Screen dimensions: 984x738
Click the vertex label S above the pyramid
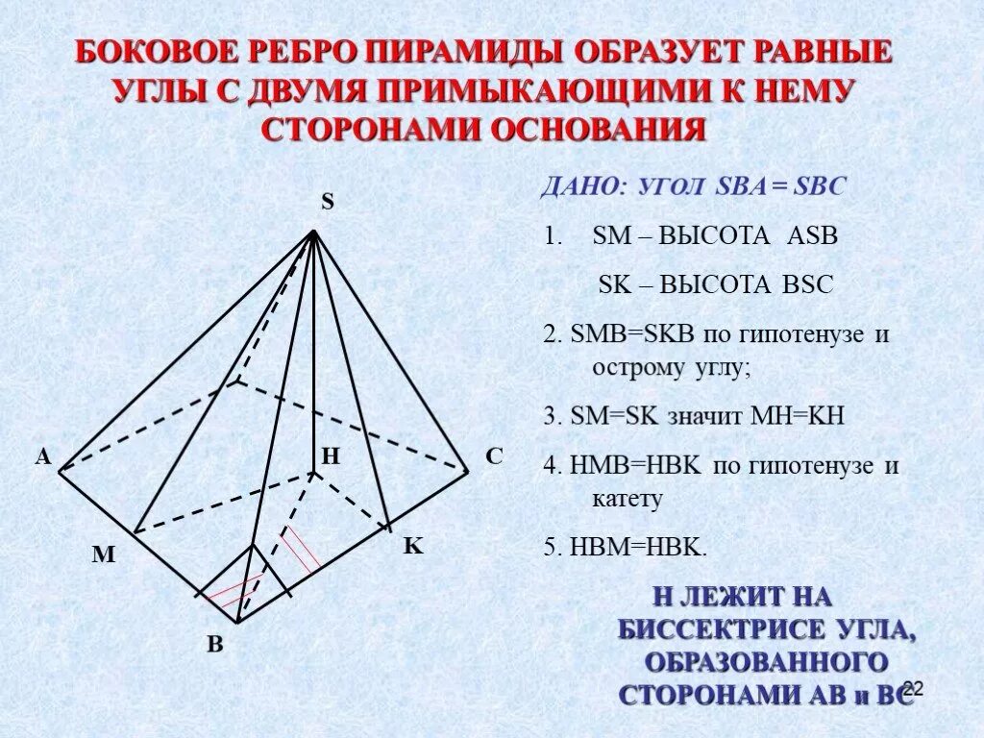pyautogui.click(x=328, y=202)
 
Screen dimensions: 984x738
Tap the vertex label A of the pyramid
pyautogui.click(x=42, y=457)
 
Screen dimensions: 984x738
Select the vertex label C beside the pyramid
pyautogui.click(x=494, y=456)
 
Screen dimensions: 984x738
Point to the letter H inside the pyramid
pyautogui.click(x=331, y=457)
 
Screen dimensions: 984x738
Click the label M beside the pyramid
pyautogui.click(x=103, y=554)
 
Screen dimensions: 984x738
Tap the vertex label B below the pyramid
pyautogui.click(x=215, y=645)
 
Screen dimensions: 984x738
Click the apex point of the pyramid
pyautogui.click(x=314, y=231)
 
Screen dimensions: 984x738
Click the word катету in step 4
pyautogui.click(x=627, y=499)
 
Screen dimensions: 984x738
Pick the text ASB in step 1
pyautogui.click(x=812, y=235)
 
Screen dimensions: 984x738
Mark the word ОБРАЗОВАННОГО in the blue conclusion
pyautogui.click(x=766, y=662)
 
